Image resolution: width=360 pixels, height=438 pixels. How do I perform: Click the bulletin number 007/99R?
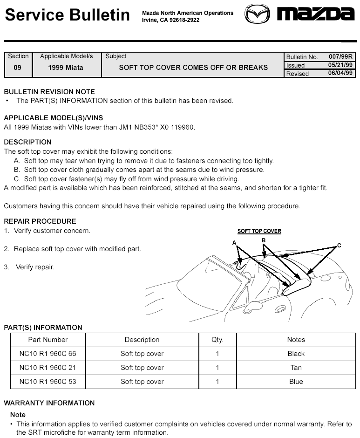coord(341,56)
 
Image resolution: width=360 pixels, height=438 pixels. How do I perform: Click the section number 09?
coord(18,68)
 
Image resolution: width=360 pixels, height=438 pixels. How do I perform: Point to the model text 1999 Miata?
coord(66,68)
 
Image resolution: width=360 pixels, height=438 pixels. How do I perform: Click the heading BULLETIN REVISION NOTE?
coord(49,92)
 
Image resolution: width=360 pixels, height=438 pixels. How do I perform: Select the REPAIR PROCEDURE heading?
coord(40,221)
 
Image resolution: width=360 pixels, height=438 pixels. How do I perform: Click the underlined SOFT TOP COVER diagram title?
coord(259,231)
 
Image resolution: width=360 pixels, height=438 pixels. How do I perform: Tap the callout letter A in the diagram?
coord(234,243)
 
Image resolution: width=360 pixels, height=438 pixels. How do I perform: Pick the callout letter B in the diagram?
coord(264,240)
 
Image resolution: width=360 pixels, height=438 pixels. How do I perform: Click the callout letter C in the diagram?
coord(339,245)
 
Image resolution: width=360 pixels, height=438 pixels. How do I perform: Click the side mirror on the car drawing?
coord(253,306)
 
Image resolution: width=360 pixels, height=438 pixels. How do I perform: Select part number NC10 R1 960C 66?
coord(48,354)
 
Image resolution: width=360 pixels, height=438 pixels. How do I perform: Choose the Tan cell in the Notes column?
coord(296,368)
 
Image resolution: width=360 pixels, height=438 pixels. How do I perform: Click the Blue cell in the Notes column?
coord(296,382)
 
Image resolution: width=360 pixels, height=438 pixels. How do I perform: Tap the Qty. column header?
coord(217,340)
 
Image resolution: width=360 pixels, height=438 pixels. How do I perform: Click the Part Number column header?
coord(48,340)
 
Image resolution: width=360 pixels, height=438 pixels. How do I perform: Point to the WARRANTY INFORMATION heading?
coord(49,403)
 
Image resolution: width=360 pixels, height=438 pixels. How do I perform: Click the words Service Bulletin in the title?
coord(67,15)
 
